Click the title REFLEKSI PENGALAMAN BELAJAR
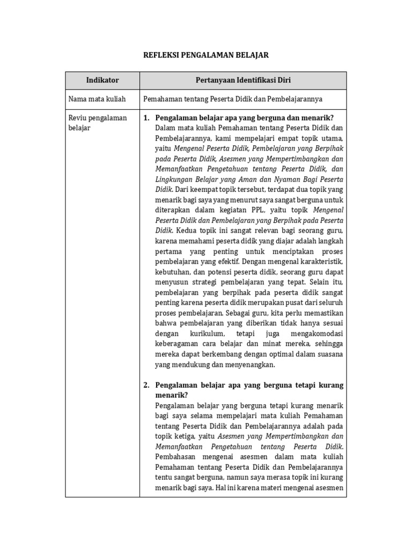pos(205,55)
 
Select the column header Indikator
pos(102,80)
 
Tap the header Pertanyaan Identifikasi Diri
pos(243,80)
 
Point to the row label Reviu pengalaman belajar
pos(98,123)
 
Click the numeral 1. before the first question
pos(147,118)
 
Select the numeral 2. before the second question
pos(147,385)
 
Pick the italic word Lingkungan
pos(175,180)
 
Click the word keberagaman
pos(180,344)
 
